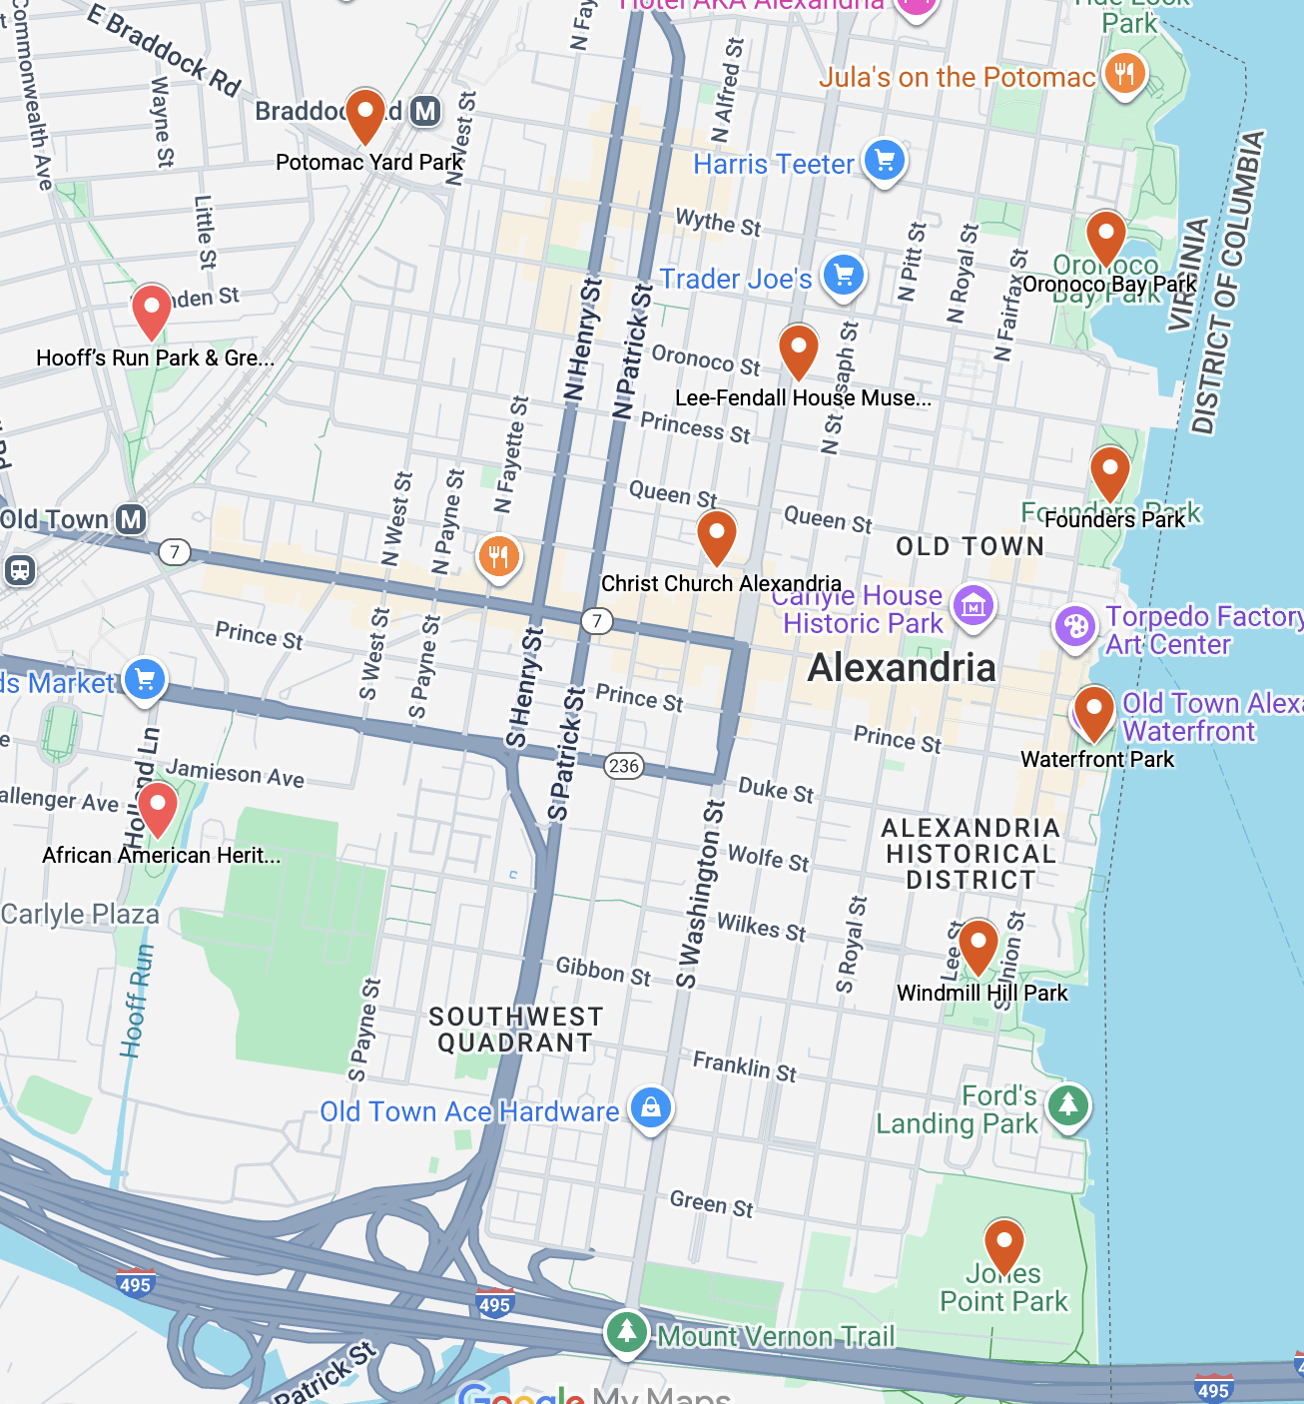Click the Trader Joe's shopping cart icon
tap(844, 275)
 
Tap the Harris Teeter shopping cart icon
tap(885, 160)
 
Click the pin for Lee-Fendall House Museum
tap(798, 350)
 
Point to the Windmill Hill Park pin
tap(978, 944)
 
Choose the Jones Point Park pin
tap(1003, 1243)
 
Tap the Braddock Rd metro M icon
tap(426, 111)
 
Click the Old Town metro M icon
tap(131, 519)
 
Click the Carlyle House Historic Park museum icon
tap(973, 605)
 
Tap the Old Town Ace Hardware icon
tap(651, 1108)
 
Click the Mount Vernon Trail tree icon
tap(626, 1332)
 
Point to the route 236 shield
tap(624, 766)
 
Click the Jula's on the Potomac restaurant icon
tap(1124, 74)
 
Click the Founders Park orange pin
tap(1109, 470)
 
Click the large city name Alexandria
tap(902, 668)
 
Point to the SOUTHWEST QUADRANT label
tap(515, 1030)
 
